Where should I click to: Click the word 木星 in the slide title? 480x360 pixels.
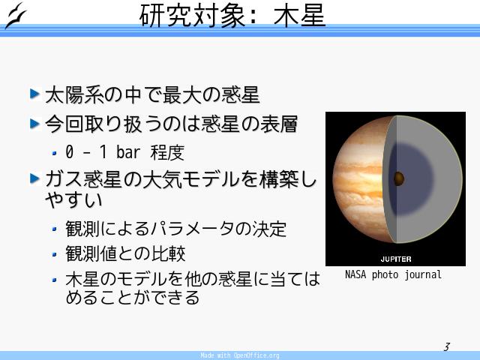[299, 16]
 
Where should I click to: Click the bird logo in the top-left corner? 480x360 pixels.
[16, 15]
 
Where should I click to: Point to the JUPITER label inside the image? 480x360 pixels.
[396, 259]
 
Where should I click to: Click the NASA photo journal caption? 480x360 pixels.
[393, 274]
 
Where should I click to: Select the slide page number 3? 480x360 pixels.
[447, 346]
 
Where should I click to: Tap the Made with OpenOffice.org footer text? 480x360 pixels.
[240, 355]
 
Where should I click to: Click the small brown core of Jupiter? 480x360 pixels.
[399, 178]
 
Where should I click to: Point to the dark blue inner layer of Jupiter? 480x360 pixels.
[413, 179]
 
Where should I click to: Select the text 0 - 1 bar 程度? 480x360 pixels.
[124, 152]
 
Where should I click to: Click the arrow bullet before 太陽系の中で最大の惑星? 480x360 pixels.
[35, 94]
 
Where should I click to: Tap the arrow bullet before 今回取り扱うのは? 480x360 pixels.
[35, 123]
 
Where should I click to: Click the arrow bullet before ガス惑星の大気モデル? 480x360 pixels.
[35, 178]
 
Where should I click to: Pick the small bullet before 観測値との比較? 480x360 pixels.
[55, 254]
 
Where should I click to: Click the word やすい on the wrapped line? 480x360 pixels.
[73, 200]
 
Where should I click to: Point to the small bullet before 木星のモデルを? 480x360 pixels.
[55, 280]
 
